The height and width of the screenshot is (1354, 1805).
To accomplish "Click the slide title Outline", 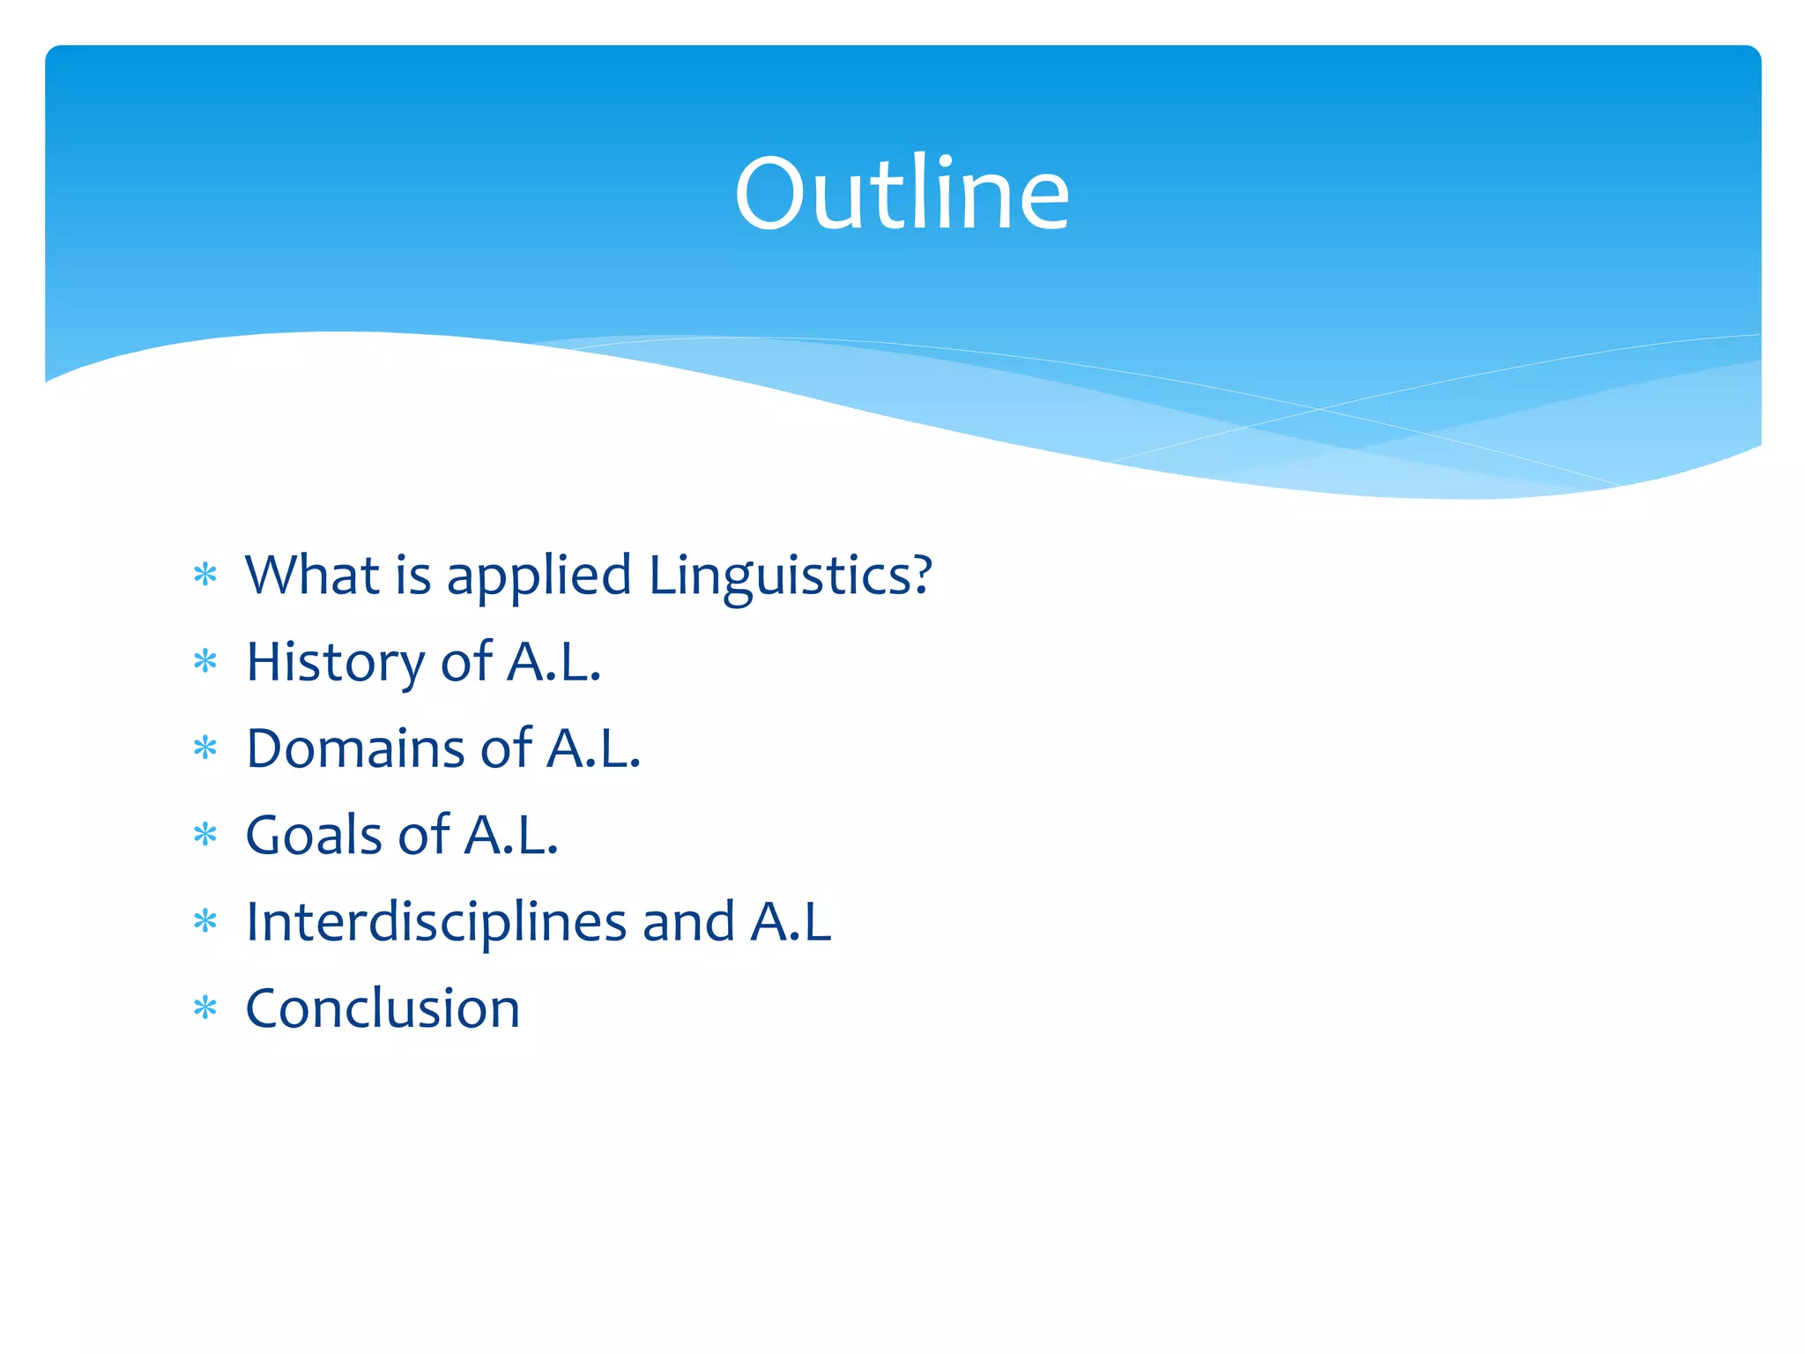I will [x=902, y=194].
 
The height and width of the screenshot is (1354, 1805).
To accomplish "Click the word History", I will [x=335, y=663].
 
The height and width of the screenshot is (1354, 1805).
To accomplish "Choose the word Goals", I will [x=313, y=835].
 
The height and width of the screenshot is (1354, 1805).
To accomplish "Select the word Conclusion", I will [x=383, y=1008].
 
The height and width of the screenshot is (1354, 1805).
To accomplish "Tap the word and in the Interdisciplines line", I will [x=688, y=922].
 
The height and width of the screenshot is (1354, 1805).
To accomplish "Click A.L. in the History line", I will [x=553, y=662].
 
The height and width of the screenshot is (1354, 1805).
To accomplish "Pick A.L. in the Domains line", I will [x=593, y=748].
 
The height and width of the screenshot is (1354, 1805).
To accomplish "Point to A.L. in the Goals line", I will [x=511, y=835].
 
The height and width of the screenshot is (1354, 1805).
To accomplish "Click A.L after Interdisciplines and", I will [x=791, y=922].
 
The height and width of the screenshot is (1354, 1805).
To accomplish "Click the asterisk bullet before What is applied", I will [x=205, y=576].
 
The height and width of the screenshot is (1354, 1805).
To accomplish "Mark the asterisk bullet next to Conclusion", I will [x=205, y=1008].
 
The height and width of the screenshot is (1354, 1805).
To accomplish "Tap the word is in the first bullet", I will [x=413, y=575].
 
